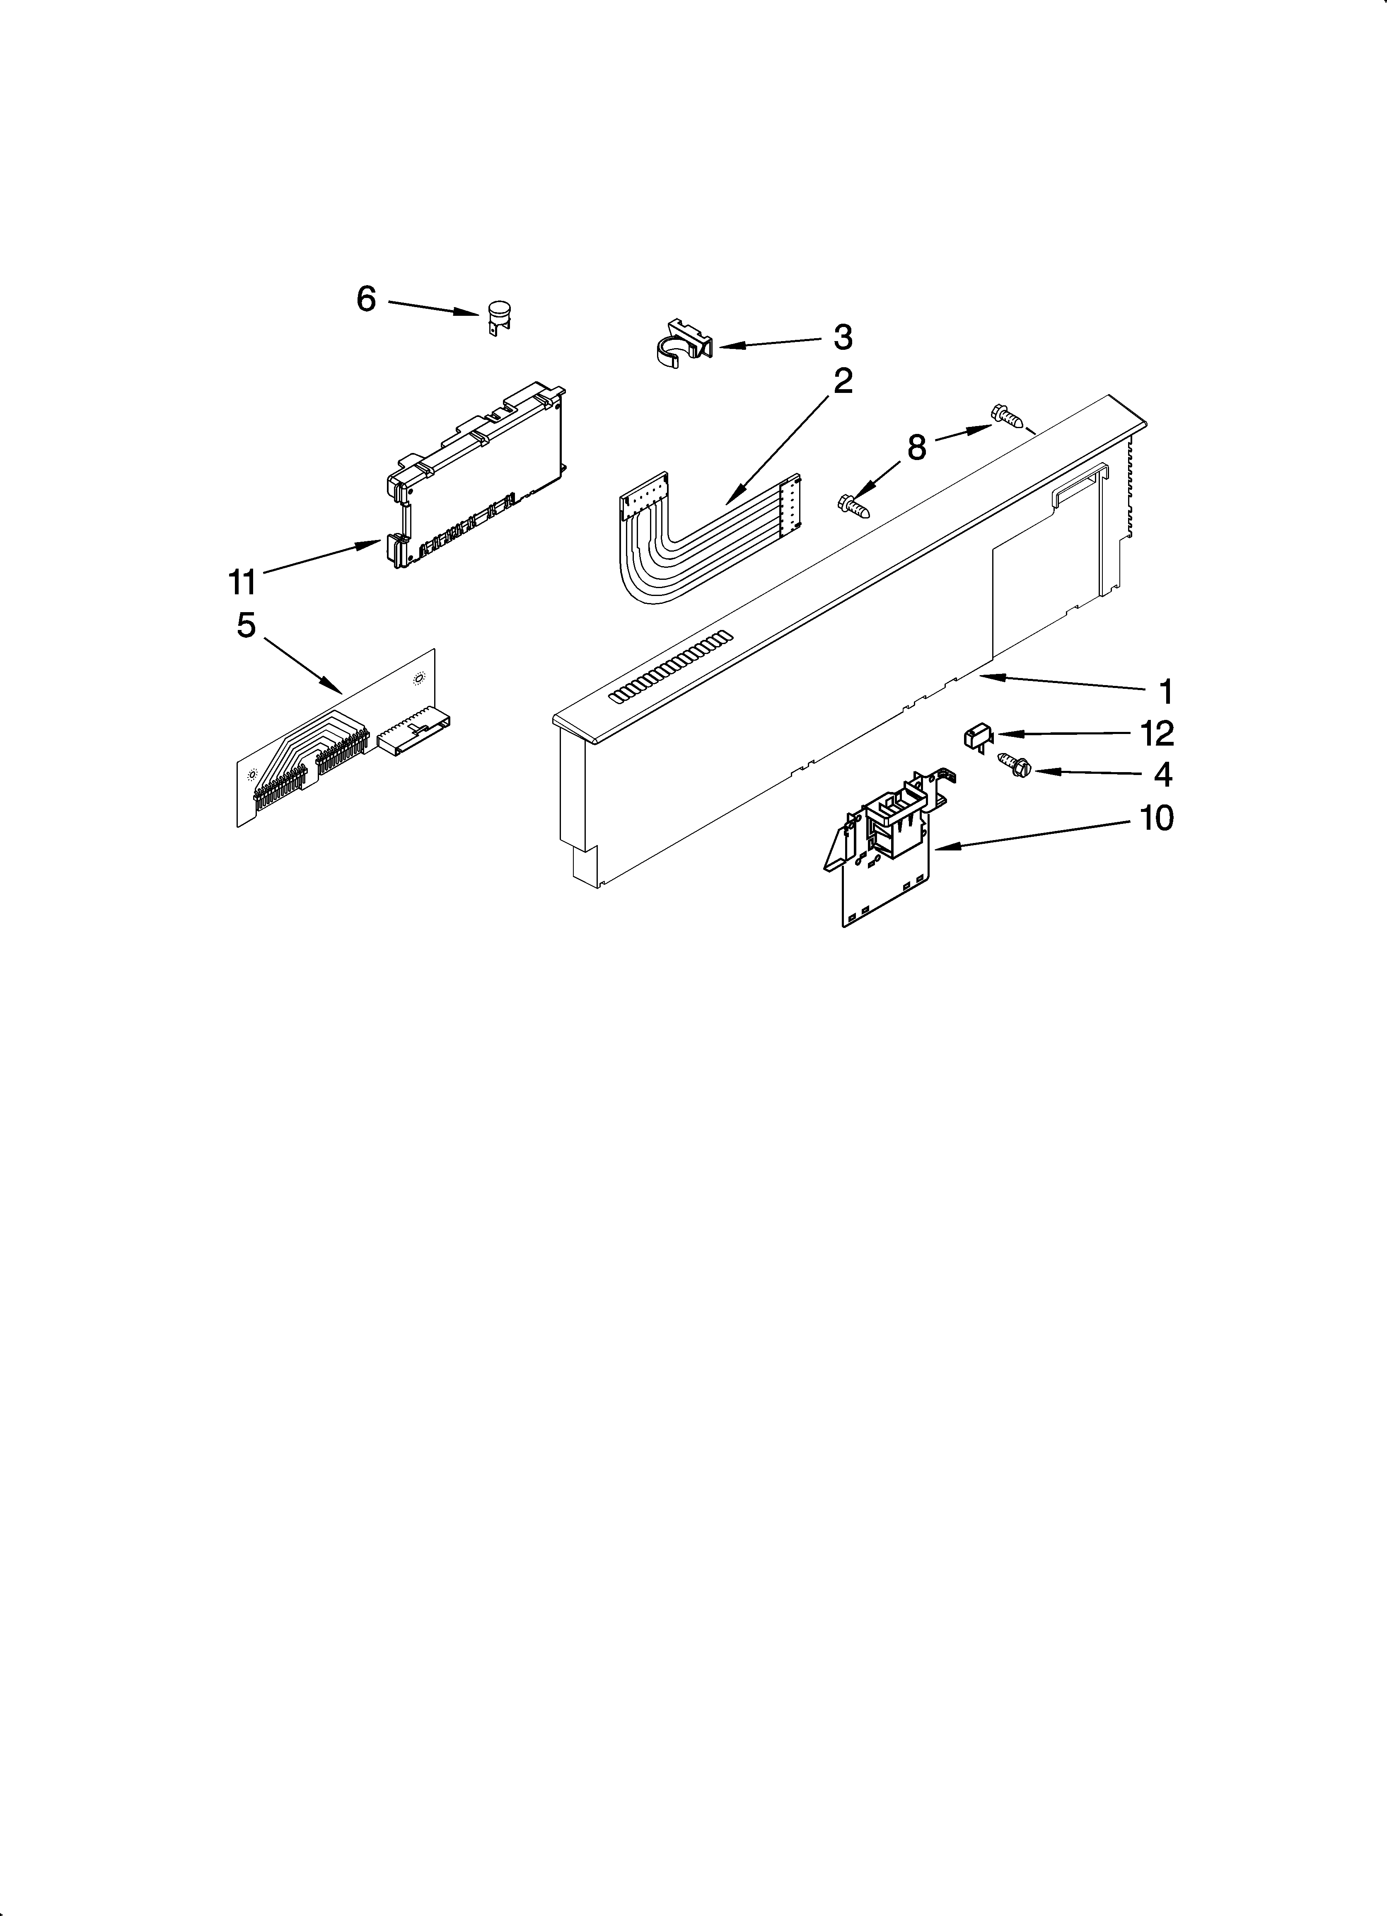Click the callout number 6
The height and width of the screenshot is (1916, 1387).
coord(366,299)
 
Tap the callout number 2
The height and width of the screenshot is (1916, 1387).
coord(842,382)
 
